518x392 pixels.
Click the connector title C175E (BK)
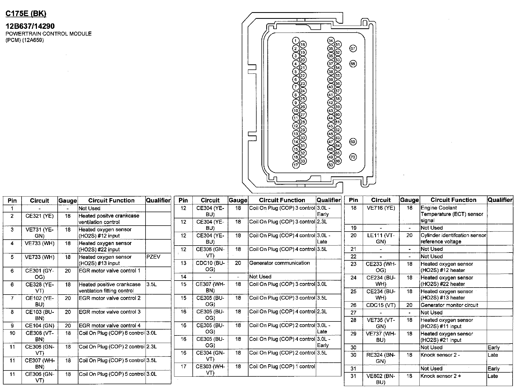[26, 14]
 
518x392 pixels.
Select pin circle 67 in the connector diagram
[353, 48]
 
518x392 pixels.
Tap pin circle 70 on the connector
[353, 157]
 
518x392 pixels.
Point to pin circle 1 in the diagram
[296, 41]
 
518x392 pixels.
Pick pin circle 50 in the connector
[331, 165]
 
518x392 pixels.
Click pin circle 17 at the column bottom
[296, 165]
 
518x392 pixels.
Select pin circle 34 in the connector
[331, 41]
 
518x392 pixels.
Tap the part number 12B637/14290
[30, 26]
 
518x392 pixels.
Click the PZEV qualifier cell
[153, 257]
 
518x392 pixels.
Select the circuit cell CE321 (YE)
[40, 216]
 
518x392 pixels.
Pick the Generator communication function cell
[279, 263]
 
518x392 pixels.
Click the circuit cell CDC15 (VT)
[381, 305]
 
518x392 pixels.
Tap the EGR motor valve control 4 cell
[109, 325]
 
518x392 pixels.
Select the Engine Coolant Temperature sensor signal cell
[452, 214]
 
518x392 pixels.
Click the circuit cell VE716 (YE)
[381, 208]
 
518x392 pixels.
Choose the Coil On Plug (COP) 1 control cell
[282, 366]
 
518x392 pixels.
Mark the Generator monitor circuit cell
[449, 305]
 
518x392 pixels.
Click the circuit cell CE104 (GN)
[40, 325]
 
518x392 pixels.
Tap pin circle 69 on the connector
[353, 142]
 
